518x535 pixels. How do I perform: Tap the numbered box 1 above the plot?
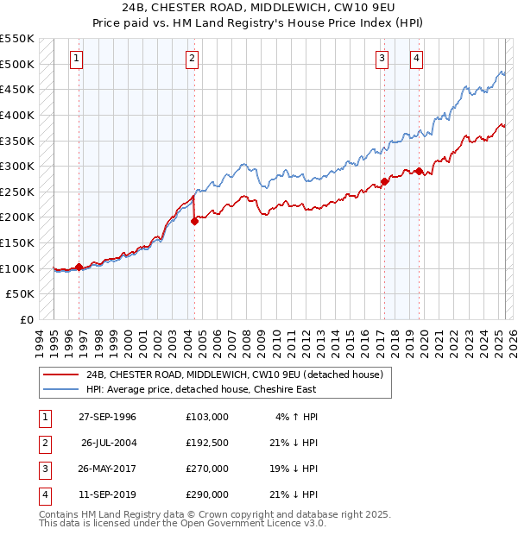click(77, 59)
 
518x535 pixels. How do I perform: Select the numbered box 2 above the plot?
click(191, 59)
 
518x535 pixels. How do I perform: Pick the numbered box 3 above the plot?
click(382, 59)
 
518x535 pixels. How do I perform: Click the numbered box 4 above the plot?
click(416, 59)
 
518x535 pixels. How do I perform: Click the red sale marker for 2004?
click(195, 221)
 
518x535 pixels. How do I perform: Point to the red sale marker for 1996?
click(79, 267)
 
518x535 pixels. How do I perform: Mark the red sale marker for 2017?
click(384, 181)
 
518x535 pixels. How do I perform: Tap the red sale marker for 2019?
click(419, 171)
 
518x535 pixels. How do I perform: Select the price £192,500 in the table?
click(206, 443)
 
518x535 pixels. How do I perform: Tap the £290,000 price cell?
click(206, 494)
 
